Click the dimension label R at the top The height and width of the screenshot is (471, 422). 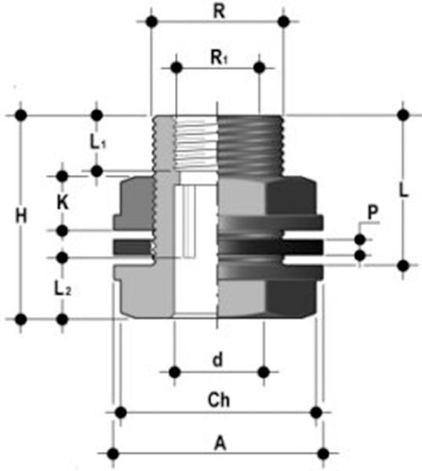point(219,12)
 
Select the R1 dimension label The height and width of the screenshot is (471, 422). point(219,57)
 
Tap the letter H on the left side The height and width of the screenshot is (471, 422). point(21,216)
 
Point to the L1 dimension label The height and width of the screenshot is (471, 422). point(98,142)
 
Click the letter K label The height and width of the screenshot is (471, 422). point(63,203)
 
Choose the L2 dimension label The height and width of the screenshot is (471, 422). point(63,289)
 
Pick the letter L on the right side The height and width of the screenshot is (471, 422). point(404,190)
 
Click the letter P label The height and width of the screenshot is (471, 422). point(373,213)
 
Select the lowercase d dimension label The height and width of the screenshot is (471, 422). point(218,360)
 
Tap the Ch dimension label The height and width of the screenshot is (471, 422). point(219,400)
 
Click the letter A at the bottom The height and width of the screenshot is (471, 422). point(220,443)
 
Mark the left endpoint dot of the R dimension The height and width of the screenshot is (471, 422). point(152,22)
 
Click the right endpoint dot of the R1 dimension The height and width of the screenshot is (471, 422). point(260,68)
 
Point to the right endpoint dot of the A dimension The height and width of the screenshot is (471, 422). point(323,454)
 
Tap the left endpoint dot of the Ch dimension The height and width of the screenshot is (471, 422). point(121,412)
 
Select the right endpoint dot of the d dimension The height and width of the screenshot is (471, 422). point(264,372)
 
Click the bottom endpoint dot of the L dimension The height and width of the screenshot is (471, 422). point(404,265)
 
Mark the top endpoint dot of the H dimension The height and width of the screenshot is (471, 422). point(21,115)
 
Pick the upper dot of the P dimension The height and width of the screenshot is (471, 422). point(360,239)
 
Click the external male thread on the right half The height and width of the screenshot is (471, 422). point(251,145)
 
